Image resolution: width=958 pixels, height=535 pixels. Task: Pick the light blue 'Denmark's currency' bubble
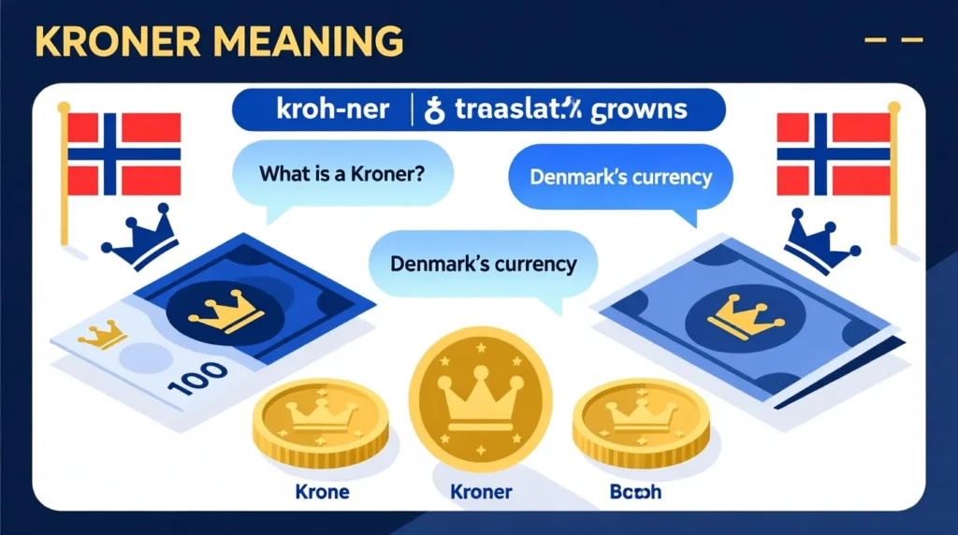pos(483,263)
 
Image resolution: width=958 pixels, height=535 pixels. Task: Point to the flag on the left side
pos(123,153)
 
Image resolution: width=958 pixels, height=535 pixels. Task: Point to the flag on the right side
pos(834,153)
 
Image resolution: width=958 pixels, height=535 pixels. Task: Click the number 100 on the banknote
pos(199,376)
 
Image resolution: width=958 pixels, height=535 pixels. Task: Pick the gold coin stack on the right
pos(641,422)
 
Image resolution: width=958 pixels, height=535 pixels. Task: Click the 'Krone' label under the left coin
pos(321,490)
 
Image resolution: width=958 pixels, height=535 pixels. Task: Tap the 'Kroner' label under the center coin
pos(480,491)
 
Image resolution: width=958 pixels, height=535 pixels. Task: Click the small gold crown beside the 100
pos(102,334)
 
